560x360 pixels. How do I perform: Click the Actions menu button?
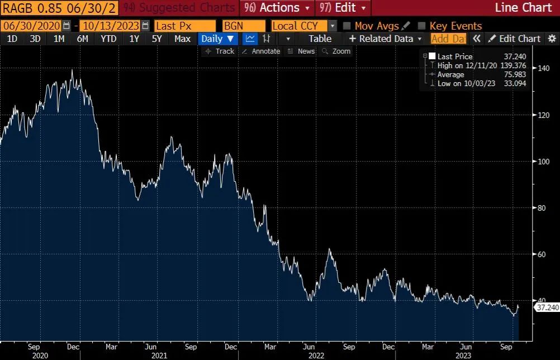click(x=278, y=8)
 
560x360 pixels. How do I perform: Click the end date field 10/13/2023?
click(x=110, y=26)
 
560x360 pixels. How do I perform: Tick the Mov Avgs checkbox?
click(x=347, y=26)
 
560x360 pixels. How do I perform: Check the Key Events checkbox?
click(x=423, y=26)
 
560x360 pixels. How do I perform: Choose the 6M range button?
click(x=83, y=39)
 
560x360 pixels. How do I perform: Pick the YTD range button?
click(x=108, y=39)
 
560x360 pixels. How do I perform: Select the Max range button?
click(x=182, y=39)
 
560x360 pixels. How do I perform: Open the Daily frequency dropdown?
click(x=217, y=39)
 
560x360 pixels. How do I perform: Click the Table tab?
click(x=320, y=39)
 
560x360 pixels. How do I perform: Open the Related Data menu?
click(x=386, y=39)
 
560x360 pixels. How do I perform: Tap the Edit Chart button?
click(x=514, y=39)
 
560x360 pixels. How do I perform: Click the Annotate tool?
click(x=261, y=51)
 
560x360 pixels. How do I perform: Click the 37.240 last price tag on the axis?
click(x=547, y=307)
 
